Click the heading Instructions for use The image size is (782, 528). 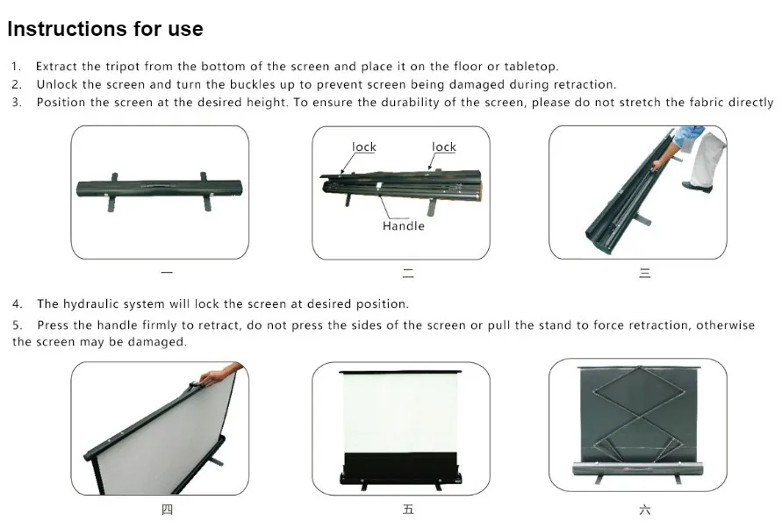(x=105, y=29)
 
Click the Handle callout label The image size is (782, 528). (x=404, y=226)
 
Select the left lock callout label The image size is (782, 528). (x=364, y=146)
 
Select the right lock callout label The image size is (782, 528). (x=444, y=146)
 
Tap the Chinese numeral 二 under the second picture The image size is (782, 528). (x=408, y=273)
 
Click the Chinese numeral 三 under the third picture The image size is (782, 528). (x=644, y=273)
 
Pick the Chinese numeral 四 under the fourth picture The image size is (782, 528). (x=167, y=509)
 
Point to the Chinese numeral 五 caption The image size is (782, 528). (x=408, y=509)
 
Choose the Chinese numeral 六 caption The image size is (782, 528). (x=644, y=510)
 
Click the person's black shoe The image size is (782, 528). (x=697, y=187)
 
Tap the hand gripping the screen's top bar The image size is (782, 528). (x=219, y=375)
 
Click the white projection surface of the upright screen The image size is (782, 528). (x=400, y=412)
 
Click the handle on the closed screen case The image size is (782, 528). (x=160, y=186)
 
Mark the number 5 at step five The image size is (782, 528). (x=17, y=325)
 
